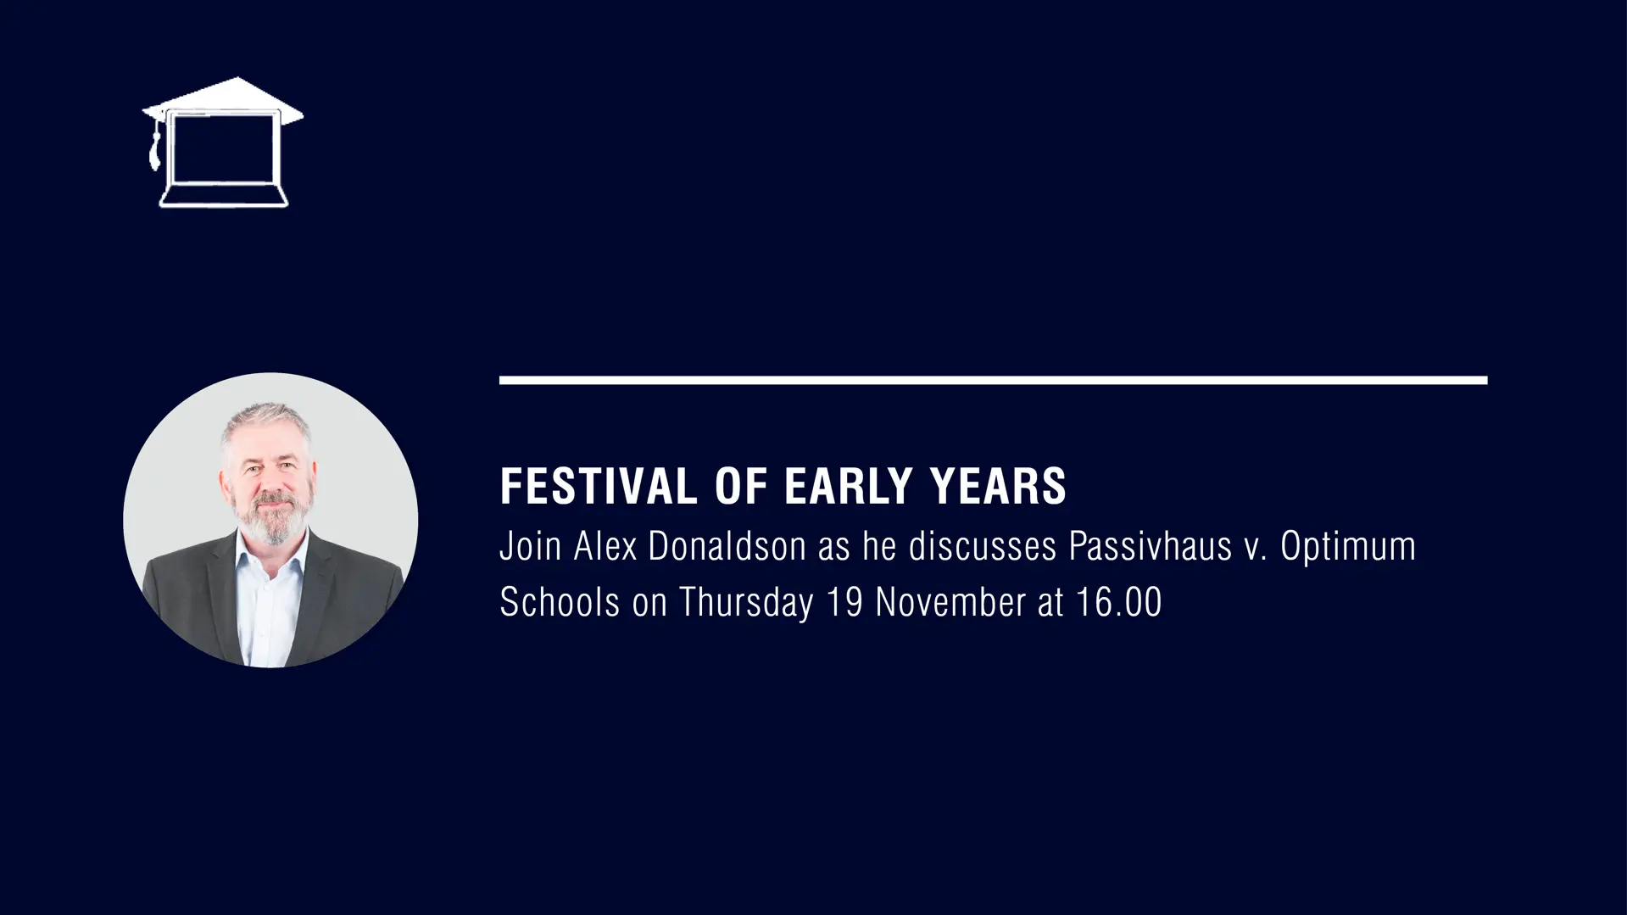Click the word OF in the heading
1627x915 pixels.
pyautogui.click(x=741, y=486)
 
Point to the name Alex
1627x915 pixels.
pyautogui.click(x=605, y=546)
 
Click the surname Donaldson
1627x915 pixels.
pyautogui.click(x=727, y=546)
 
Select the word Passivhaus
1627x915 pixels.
pyautogui.click(x=1150, y=546)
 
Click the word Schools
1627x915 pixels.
pyautogui.click(x=560, y=602)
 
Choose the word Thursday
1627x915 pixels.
pyautogui.click(x=746, y=604)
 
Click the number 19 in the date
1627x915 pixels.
pyautogui.click(x=844, y=602)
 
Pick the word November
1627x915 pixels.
pyautogui.click(x=950, y=602)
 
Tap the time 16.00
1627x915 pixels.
pyautogui.click(x=1118, y=602)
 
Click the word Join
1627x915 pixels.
pyautogui.click(x=531, y=546)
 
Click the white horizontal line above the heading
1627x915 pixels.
pyautogui.click(x=993, y=380)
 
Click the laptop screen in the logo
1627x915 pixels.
pyautogui.click(x=224, y=149)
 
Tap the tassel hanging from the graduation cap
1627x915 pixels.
pyautogui.click(x=154, y=146)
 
